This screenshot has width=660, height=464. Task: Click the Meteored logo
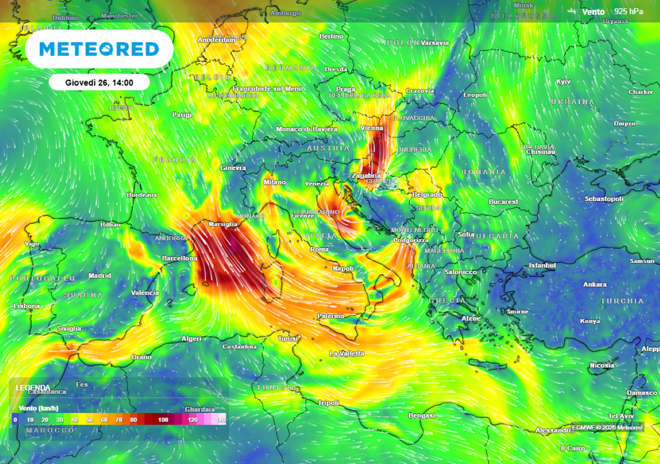[99, 49]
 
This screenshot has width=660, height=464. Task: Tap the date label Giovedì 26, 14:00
[99, 82]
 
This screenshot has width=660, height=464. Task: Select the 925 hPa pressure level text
[629, 11]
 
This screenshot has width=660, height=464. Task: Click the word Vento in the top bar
[593, 11]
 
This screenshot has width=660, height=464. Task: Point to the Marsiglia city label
[223, 224]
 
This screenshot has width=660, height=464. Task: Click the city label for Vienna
[371, 128]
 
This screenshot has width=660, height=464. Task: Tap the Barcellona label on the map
[179, 258]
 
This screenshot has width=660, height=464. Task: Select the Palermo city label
[330, 316]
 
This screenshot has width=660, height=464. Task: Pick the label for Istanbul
[541, 266]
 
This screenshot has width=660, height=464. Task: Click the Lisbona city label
[26, 306]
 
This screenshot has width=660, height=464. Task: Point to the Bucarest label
[503, 202]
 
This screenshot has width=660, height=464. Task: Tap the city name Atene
[471, 319]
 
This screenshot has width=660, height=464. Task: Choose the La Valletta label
[347, 354]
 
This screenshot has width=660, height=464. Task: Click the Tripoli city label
[328, 403]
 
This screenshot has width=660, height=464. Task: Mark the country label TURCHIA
[622, 301]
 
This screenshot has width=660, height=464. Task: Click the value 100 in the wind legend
[163, 420]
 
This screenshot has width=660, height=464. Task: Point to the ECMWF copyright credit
[607, 427]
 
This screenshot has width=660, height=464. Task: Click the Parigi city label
[182, 115]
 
